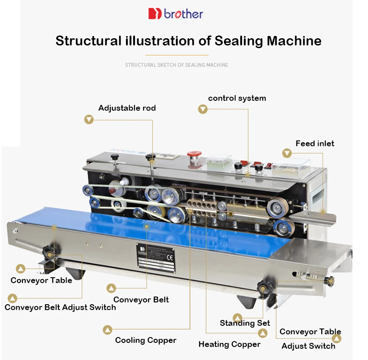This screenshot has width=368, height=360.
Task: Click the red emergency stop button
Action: pos(194,153)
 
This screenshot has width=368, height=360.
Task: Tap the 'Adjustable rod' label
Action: pos(127,108)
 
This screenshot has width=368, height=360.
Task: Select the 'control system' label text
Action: pos(237,98)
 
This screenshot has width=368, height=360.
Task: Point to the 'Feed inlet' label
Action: pos(314,144)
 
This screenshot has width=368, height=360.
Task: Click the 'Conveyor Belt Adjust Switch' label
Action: pos(60,307)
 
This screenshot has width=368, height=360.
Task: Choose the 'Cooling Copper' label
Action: pos(145,340)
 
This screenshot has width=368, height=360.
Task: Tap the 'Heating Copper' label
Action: pos(229,344)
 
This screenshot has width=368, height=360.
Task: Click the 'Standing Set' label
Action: pos(245,323)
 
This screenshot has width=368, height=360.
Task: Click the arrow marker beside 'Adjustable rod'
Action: pos(89,119)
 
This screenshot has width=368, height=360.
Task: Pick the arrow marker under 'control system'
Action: pos(203,109)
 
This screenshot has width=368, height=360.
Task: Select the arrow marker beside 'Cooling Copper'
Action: pos(107,330)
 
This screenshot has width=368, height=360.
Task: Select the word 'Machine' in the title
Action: pos(294,41)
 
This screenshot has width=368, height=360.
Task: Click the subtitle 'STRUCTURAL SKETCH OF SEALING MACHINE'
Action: pos(176,65)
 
